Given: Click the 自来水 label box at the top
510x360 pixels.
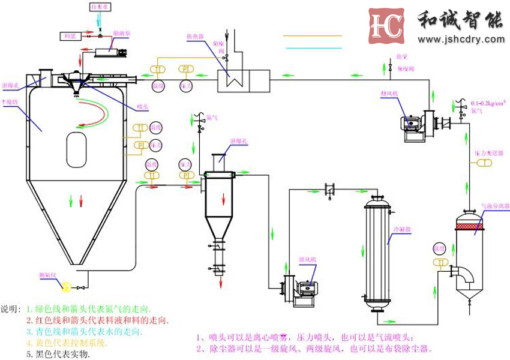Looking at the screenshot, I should (x=100, y=7).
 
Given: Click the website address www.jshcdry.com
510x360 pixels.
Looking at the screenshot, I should (x=461, y=40).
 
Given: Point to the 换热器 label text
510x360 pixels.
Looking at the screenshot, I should (x=194, y=37).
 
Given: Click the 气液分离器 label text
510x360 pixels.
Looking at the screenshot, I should (x=495, y=206).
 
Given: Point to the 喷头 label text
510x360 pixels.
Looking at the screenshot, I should (x=142, y=107).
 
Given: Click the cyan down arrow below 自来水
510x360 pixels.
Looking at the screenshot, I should (x=100, y=20).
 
